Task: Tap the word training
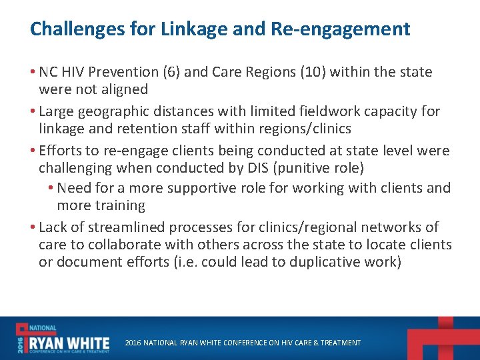coord(120,205)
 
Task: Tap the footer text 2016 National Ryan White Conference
coord(243,343)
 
